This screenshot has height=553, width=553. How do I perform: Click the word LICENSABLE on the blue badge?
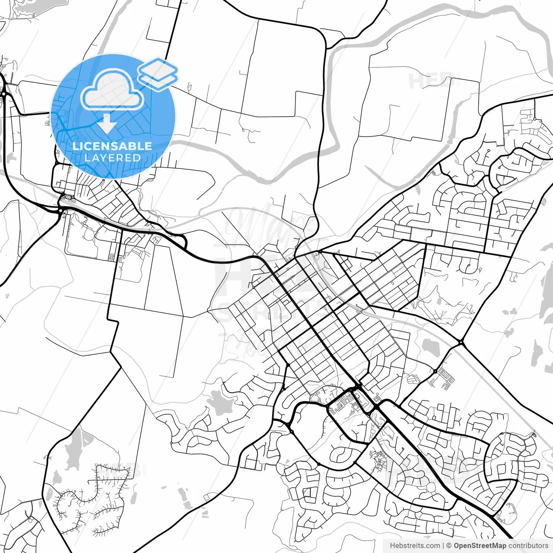click(112, 146)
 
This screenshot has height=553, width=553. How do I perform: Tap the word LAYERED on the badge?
click(112, 158)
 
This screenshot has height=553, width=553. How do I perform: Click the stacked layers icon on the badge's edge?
click(158, 73)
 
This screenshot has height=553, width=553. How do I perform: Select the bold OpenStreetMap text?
click(480, 546)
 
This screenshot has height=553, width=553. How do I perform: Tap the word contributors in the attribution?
click(528, 546)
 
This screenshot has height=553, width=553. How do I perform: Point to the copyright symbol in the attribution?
click(449, 546)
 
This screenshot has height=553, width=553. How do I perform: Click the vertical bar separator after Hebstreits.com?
click(443, 546)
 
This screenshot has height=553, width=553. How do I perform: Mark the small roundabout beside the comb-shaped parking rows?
click(435, 371)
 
